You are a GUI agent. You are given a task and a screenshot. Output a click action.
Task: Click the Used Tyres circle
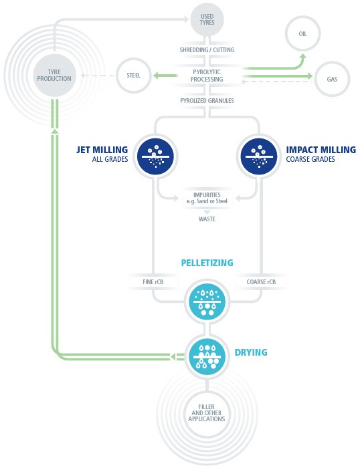click(x=207, y=19)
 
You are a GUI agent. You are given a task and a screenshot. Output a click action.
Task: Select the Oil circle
click(x=302, y=33)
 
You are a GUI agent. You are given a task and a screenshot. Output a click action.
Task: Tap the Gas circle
click(x=332, y=79)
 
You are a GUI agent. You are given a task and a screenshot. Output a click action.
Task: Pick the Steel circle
click(x=134, y=76)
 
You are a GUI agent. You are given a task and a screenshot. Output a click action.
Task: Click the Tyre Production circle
click(x=54, y=76)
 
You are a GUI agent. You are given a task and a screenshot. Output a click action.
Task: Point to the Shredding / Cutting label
click(x=207, y=50)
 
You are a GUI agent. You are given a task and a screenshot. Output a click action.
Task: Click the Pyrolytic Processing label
click(x=207, y=76)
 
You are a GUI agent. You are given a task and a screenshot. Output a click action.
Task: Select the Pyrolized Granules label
click(x=207, y=100)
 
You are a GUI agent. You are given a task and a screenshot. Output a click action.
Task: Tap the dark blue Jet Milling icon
click(x=155, y=156)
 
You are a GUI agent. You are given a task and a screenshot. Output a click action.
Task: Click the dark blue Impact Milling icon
click(x=259, y=156)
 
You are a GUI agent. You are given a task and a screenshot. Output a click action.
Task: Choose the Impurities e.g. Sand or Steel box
click(x=207, y=198)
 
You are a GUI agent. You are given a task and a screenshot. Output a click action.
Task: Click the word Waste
click(x=207, y=219)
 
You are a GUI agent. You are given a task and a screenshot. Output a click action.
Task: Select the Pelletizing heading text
click(x=207, y=263)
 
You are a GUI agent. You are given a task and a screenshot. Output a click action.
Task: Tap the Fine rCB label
click(x=153, y=281)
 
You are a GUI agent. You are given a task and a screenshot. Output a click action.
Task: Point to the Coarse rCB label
click(x=261, y=281)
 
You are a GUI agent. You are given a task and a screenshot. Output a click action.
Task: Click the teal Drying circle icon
click(x=207, y=356)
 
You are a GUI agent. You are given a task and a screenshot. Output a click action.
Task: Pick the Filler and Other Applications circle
click(x=207, y=413)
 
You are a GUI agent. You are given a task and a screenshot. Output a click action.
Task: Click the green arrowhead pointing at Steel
click(x=157, y=76)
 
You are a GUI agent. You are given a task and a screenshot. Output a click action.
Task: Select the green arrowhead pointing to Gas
click(x=308, y=76)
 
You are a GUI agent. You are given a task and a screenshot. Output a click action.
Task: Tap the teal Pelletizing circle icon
click(x=207, y=302)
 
